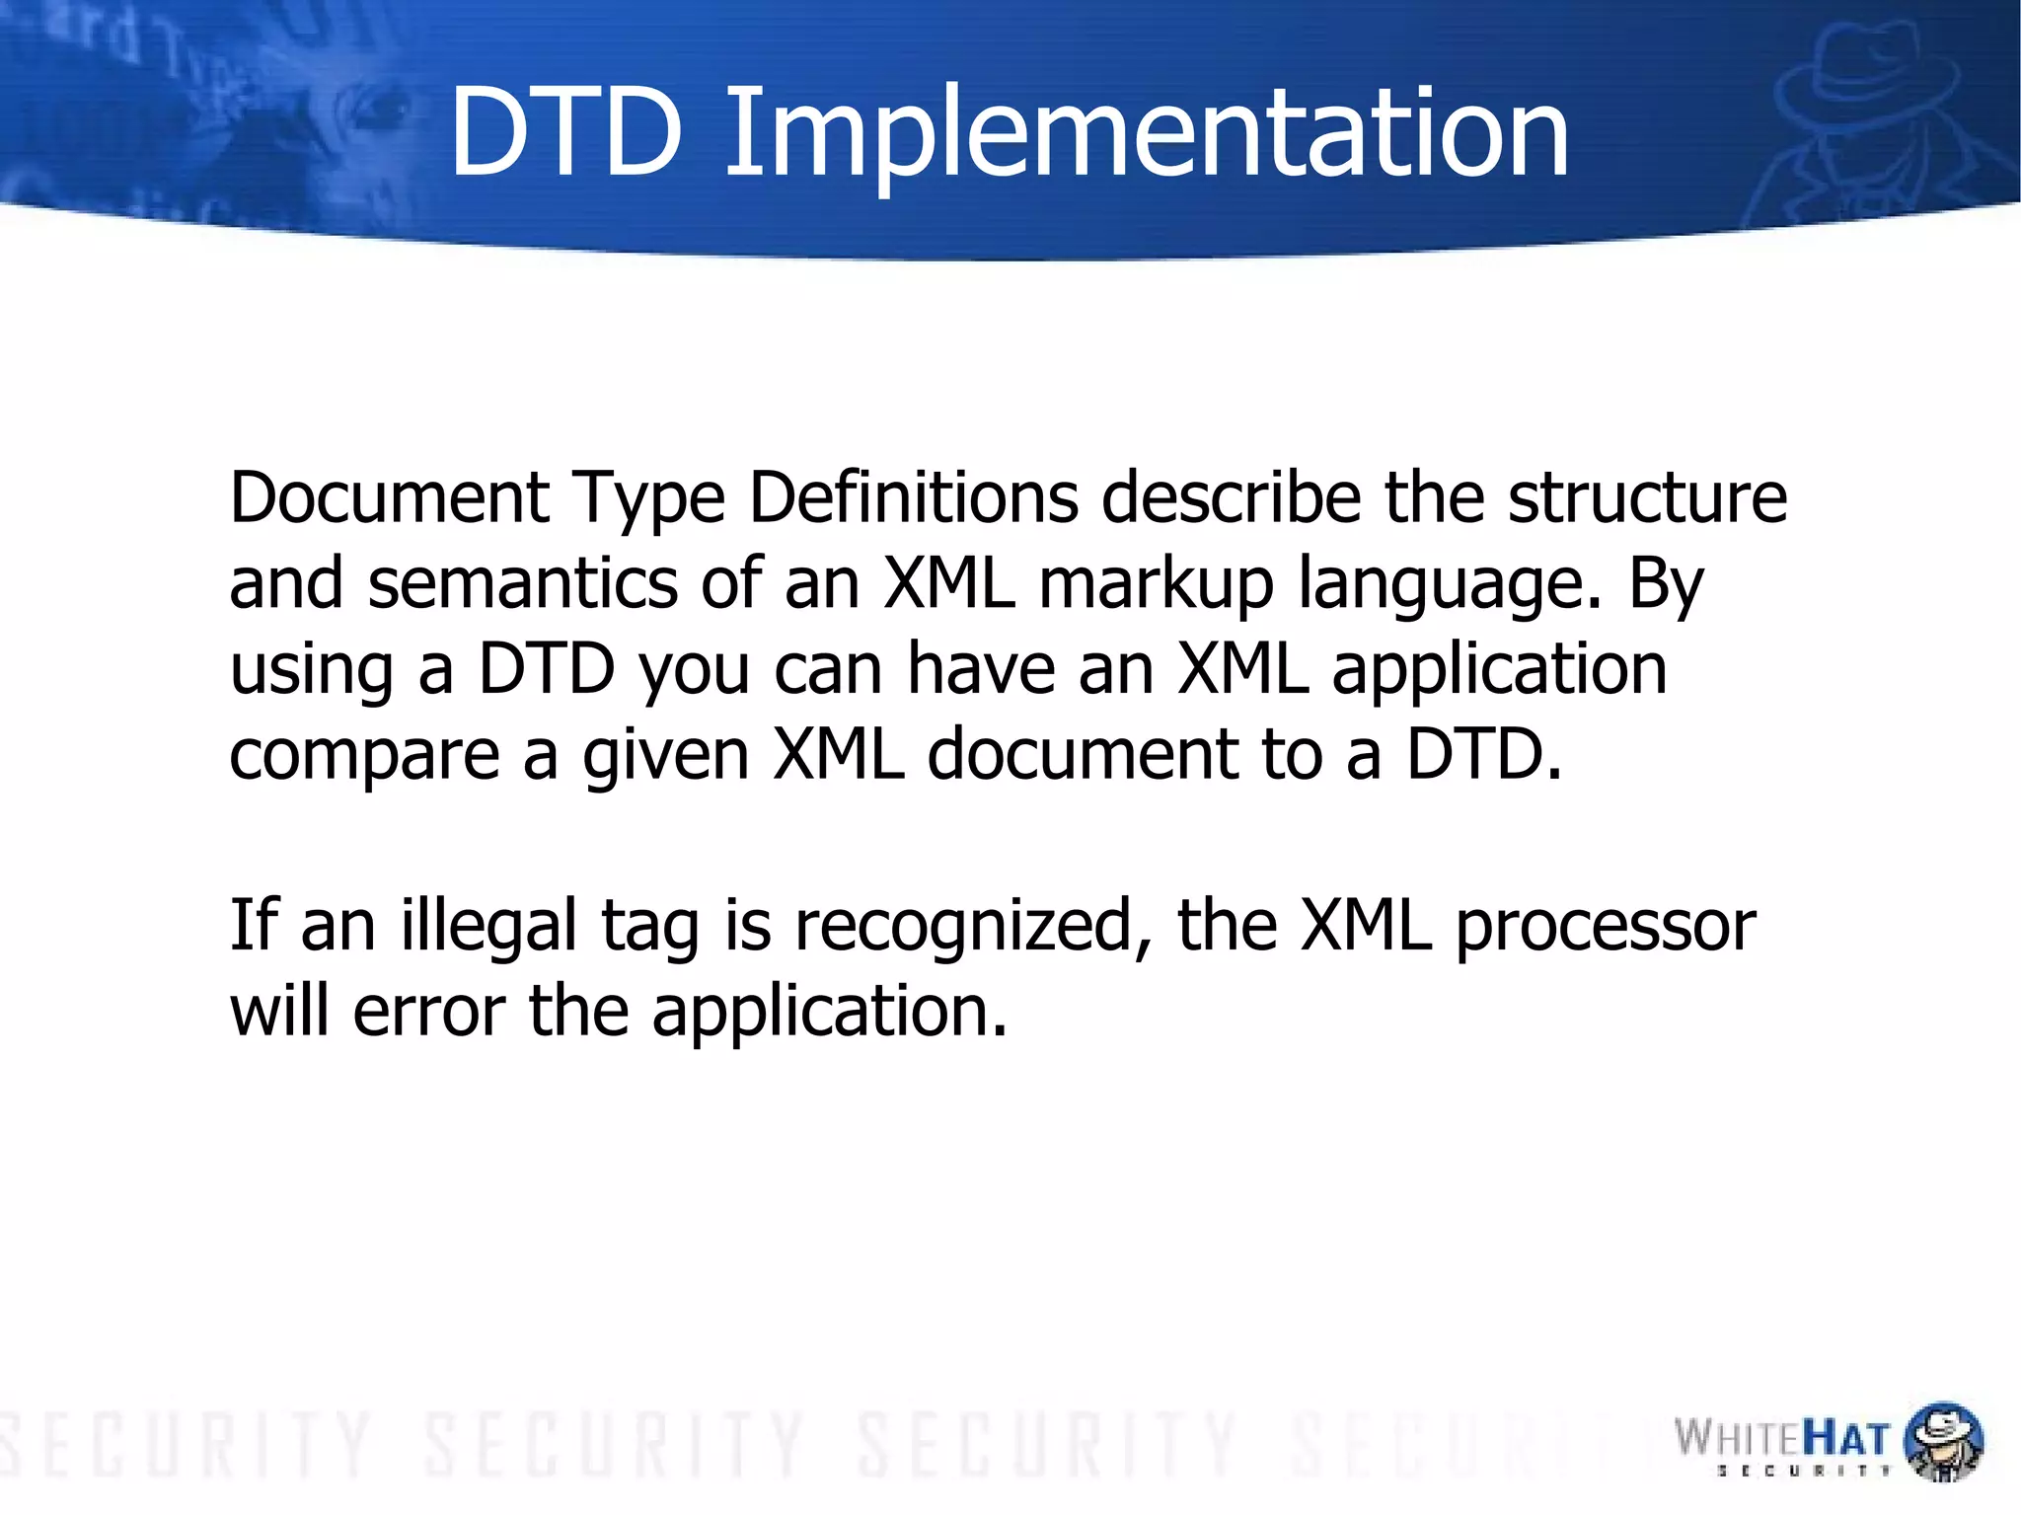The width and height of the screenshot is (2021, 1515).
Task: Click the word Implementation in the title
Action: click(1146, 134)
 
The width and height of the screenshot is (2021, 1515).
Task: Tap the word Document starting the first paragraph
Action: click(389, 497)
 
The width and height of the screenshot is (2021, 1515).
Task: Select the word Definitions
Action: click(913, 497)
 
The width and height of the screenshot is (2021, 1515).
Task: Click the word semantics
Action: click(523, 583)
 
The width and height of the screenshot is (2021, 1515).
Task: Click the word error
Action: click(429, 1013)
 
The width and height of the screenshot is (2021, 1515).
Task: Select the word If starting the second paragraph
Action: click(252, 926)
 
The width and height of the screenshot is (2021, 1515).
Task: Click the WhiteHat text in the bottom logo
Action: click(1781, 1438)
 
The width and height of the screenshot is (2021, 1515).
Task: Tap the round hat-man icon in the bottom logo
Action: click(1942, 1441)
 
